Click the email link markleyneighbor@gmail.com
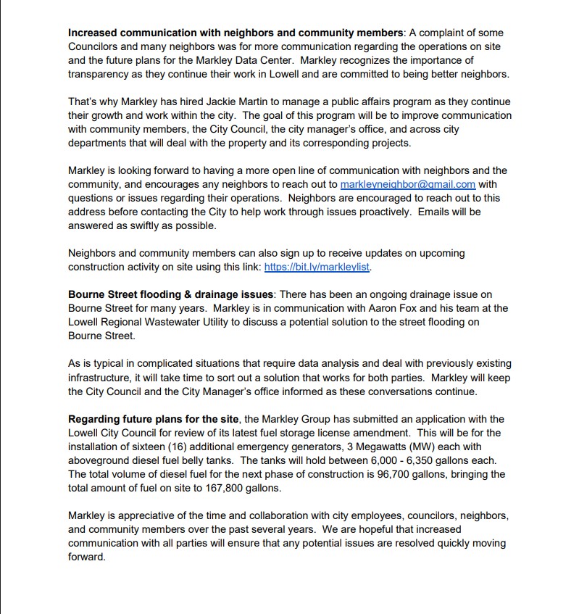pyautogui.click(x=408, y=184)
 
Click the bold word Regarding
pyautogui.click(x=95, y=419)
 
